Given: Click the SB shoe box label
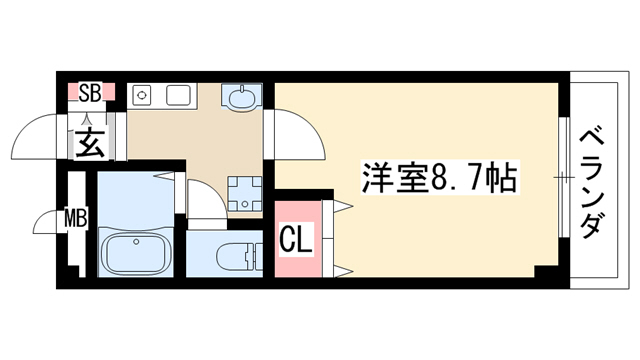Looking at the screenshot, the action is pos(89,93).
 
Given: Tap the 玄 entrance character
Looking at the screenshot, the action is pos(89,143).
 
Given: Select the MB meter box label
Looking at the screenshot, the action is pos(76,218).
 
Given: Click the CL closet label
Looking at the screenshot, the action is pos(296,239).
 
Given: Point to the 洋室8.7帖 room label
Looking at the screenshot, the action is pos(440,178).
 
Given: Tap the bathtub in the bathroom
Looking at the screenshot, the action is pos(135,252).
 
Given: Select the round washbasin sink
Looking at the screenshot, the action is pos(241,98).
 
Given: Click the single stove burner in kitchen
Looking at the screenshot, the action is pos(141,95).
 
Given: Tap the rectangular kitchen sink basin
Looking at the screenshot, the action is pos(178,95).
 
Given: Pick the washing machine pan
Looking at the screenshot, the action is pos(244,194).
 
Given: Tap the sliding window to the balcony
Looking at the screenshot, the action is pos(564,178).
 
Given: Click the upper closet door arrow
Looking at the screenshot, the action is pos(343,206).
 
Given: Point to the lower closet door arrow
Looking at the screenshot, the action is pos(343,271).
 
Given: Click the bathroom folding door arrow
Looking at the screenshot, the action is pos(164,176).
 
